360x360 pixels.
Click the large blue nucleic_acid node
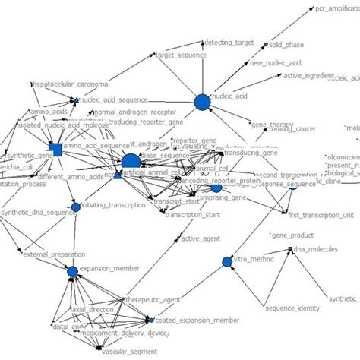click(x=202, y=102)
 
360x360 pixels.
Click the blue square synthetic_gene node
click(x=55, y=147)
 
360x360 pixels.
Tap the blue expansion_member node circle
click(x=72, y=270)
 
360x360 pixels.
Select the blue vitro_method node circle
click(x=226, y=262)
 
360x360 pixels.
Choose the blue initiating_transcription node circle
click(x=74, y=206)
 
